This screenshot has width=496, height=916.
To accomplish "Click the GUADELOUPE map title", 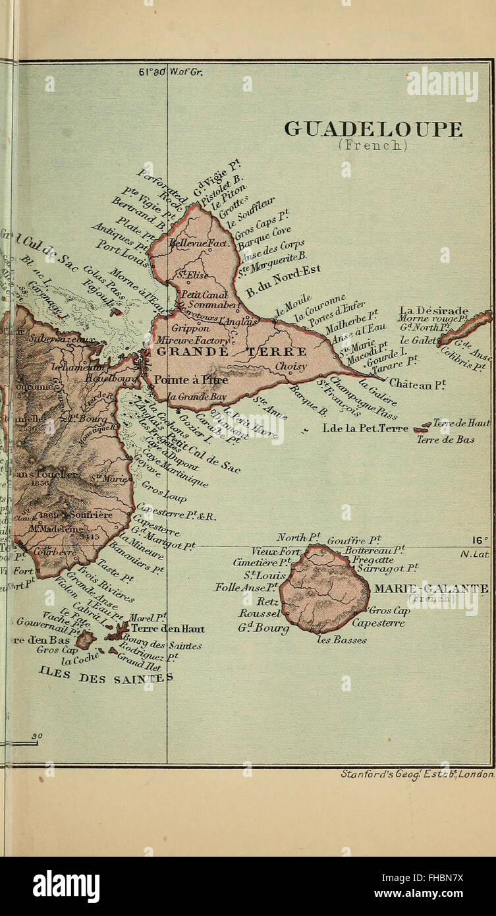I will (x=373, y=129).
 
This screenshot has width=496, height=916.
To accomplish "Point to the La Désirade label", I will (x=434, y=310).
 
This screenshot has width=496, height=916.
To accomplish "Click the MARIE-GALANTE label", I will (x=431, y=588).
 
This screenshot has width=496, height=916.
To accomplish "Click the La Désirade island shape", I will (x=465, y=328).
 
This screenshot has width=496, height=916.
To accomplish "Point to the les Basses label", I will (x=341, y=639).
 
